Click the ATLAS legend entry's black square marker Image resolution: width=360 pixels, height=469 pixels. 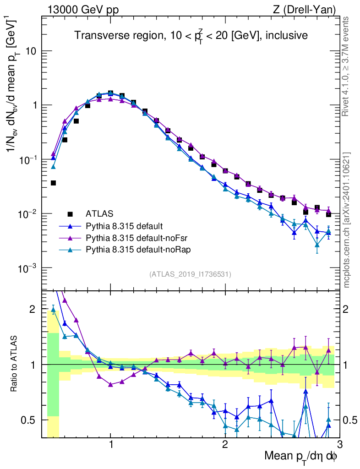70,213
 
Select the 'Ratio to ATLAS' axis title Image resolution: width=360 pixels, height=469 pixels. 15,364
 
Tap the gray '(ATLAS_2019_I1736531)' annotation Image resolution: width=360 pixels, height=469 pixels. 190,274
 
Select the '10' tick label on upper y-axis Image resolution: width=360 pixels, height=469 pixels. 32,51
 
